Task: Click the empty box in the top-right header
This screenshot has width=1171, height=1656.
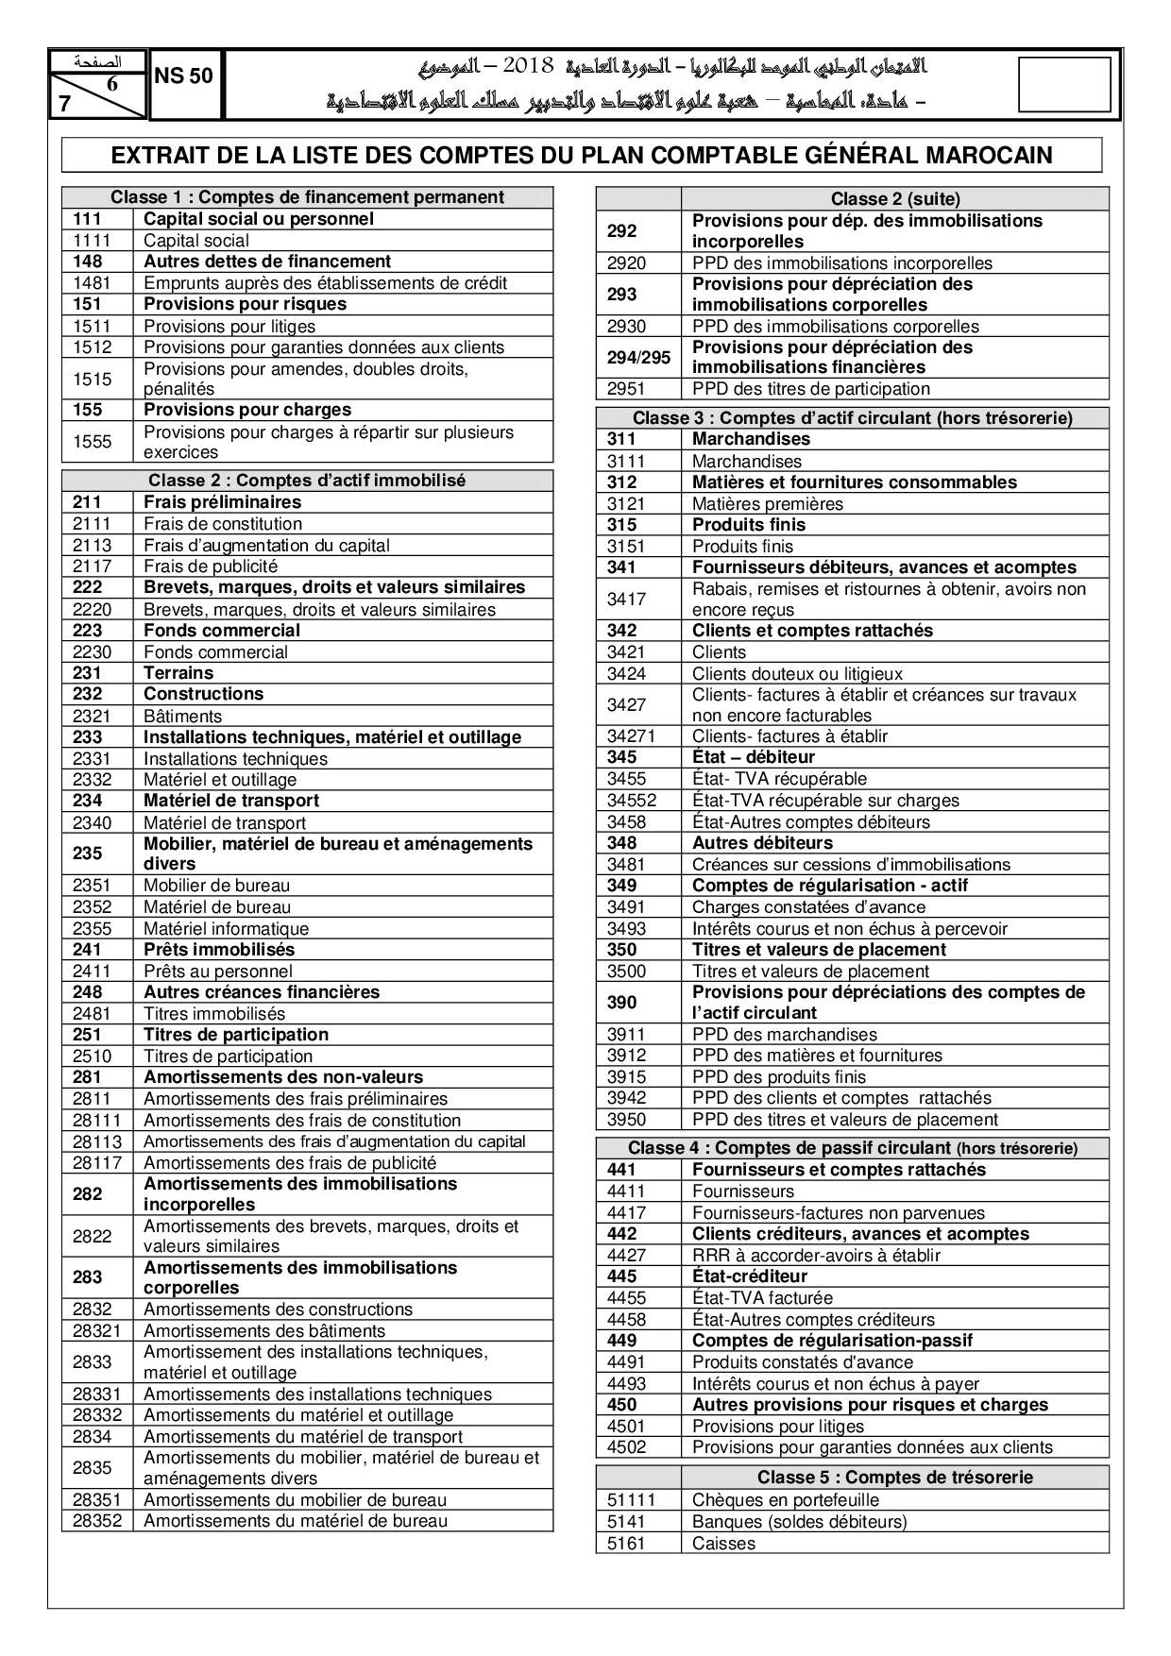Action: (1064, 85)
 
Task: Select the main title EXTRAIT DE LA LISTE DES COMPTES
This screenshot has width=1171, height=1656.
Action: (582, 156)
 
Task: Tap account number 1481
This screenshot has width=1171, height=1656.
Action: (92, 283)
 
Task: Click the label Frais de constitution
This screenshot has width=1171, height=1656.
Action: (223, 524)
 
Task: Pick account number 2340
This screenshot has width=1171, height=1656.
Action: (92, 823)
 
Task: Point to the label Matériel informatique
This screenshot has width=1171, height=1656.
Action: (226, 929)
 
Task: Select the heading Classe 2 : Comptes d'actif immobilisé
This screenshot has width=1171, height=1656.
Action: (307, 481)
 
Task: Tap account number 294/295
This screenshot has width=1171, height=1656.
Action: (638, 357)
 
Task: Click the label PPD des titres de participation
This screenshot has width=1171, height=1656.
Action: (811, 389)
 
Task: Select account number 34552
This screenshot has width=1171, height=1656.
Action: (632, 801)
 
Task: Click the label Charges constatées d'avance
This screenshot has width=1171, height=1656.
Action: (808, 907)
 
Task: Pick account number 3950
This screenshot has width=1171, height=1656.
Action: (626, 1120)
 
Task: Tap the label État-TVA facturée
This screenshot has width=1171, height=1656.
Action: (762, 1298)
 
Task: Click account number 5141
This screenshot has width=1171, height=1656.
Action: (626, 1522)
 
